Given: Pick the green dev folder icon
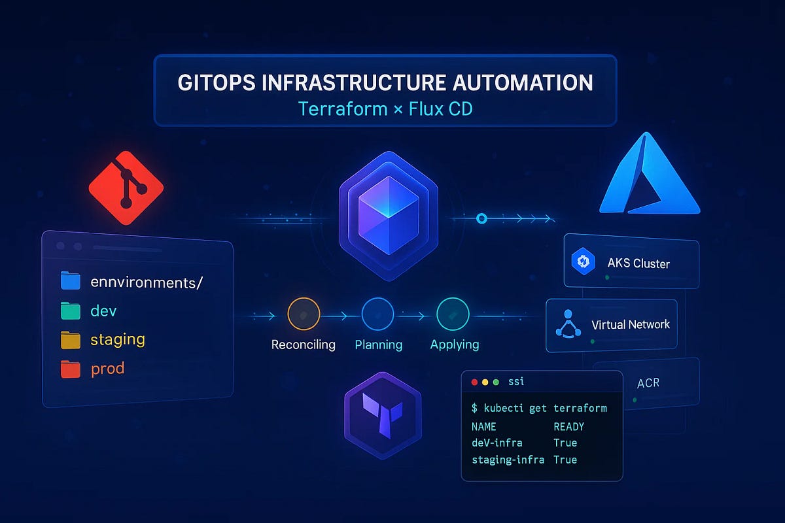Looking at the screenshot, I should pos(70,311).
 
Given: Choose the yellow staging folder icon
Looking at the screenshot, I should pos(70,340).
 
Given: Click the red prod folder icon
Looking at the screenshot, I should pos(70,369).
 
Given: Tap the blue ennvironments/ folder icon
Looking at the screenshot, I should pos(70,282).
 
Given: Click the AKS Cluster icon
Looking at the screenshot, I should pos(582,262).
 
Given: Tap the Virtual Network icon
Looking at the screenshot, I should pos(568,324).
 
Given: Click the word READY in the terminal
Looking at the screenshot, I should pos(568,426).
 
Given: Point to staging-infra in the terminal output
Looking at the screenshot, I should pos(508,460).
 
